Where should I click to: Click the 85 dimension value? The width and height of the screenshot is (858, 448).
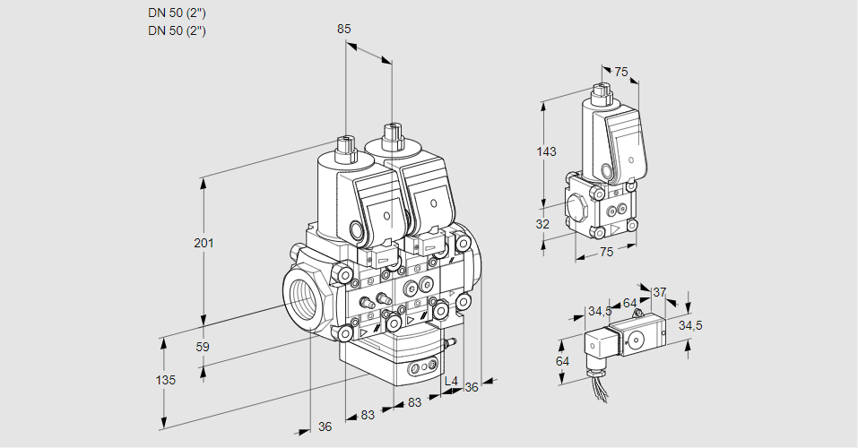click(344, 29)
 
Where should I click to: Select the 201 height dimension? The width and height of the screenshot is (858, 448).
click(204, 244)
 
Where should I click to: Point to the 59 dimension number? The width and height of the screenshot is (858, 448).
click(203, 347)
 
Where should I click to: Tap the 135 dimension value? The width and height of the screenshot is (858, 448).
click(165, 380)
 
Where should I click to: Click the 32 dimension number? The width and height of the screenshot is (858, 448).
click(542, 224)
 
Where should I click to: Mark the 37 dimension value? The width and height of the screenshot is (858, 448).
click(660, 292)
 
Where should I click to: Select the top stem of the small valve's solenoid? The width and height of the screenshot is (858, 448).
click(602, 91)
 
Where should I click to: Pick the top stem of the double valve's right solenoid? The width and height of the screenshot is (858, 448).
click(390, 137)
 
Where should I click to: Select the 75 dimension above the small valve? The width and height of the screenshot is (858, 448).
click(621, 72)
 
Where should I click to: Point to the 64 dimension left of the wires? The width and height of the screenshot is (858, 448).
click(562, 361)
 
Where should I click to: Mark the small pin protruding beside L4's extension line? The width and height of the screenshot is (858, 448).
click(451, 341)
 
